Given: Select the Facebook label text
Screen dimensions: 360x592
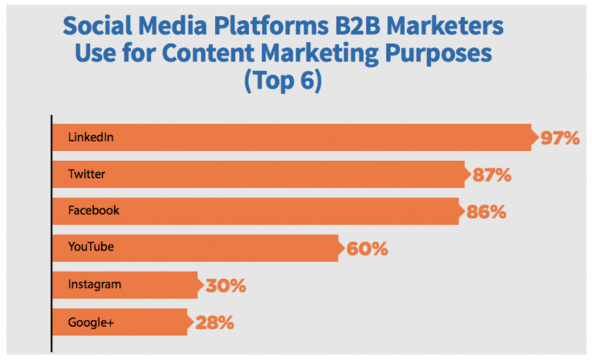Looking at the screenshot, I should coord(93,210).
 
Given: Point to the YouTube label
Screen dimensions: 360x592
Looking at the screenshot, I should coord(91,247).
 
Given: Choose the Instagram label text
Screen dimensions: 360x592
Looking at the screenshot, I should coord(95,284).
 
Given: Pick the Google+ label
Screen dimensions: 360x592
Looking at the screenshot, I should coord(90,321).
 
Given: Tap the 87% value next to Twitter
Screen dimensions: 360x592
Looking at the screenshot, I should coord(491,175).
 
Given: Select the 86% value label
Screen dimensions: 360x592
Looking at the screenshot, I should coord(486,211).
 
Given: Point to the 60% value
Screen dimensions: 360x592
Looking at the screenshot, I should coord(367,248).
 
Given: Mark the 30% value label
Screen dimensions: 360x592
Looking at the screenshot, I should coord(225,285).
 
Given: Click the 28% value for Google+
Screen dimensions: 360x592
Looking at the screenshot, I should coord(214,321).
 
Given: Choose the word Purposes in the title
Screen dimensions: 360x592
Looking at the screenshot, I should coord(453,55).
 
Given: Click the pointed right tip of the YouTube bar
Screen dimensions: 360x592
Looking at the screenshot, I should coord(345,247).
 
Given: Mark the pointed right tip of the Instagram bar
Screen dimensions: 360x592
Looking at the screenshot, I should coord(203,284).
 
